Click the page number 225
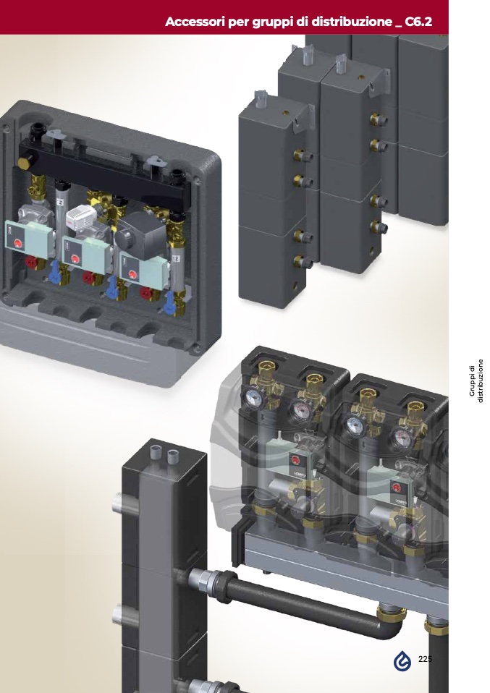click(425, 659)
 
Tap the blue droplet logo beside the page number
click(402, 660)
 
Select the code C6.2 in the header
click(418, 22)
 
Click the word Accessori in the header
click(195, 22)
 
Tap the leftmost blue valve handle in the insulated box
click(54, 270)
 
